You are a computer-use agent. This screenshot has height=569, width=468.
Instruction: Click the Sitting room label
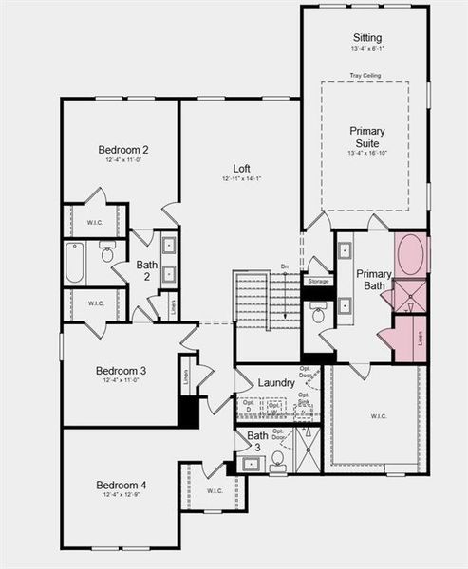365,37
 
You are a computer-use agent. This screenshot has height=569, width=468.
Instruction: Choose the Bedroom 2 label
122,150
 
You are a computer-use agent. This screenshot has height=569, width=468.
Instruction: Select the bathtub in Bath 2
75,262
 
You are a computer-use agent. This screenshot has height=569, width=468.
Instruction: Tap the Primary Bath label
373,281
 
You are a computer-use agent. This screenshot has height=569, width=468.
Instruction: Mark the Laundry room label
276,382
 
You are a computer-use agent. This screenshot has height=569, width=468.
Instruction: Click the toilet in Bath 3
278,461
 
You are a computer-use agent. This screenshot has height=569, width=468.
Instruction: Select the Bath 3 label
258,442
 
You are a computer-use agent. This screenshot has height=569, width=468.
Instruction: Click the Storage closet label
318,282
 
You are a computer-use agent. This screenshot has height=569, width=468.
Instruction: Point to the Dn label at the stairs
284,267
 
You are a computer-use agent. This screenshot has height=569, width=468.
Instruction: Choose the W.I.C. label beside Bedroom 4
214,490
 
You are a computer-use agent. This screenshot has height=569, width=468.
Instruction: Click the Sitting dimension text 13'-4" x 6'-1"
365,48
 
